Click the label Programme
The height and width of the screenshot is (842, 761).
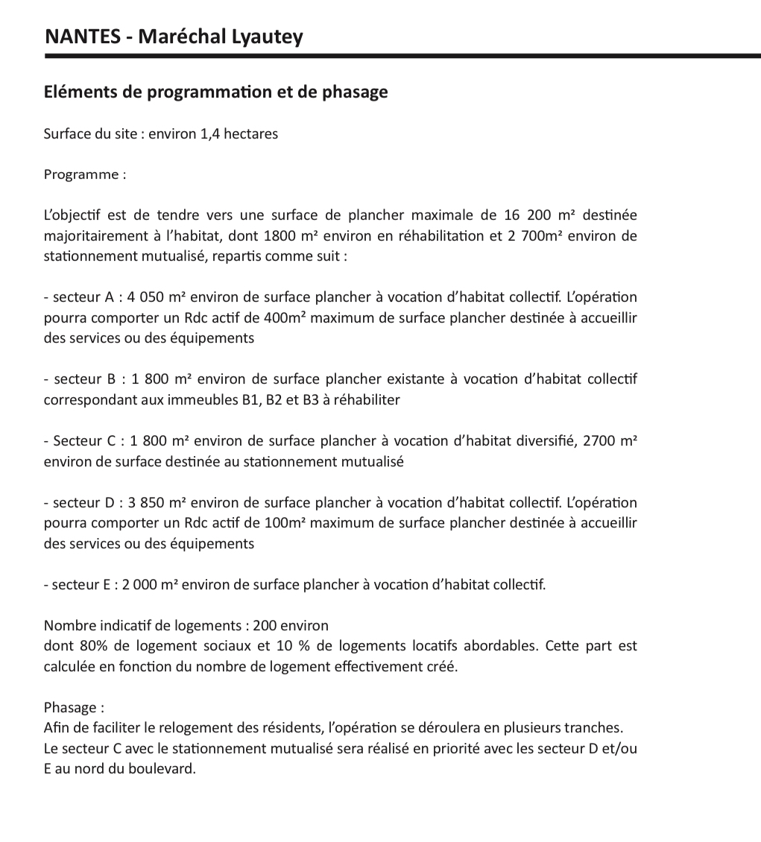pyautogui.click(x=80, y=174)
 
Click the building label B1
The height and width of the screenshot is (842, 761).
pyautogui.click(x=251, y=400)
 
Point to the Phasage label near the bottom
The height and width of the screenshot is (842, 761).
pyautogui.click(x=72, y=707)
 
